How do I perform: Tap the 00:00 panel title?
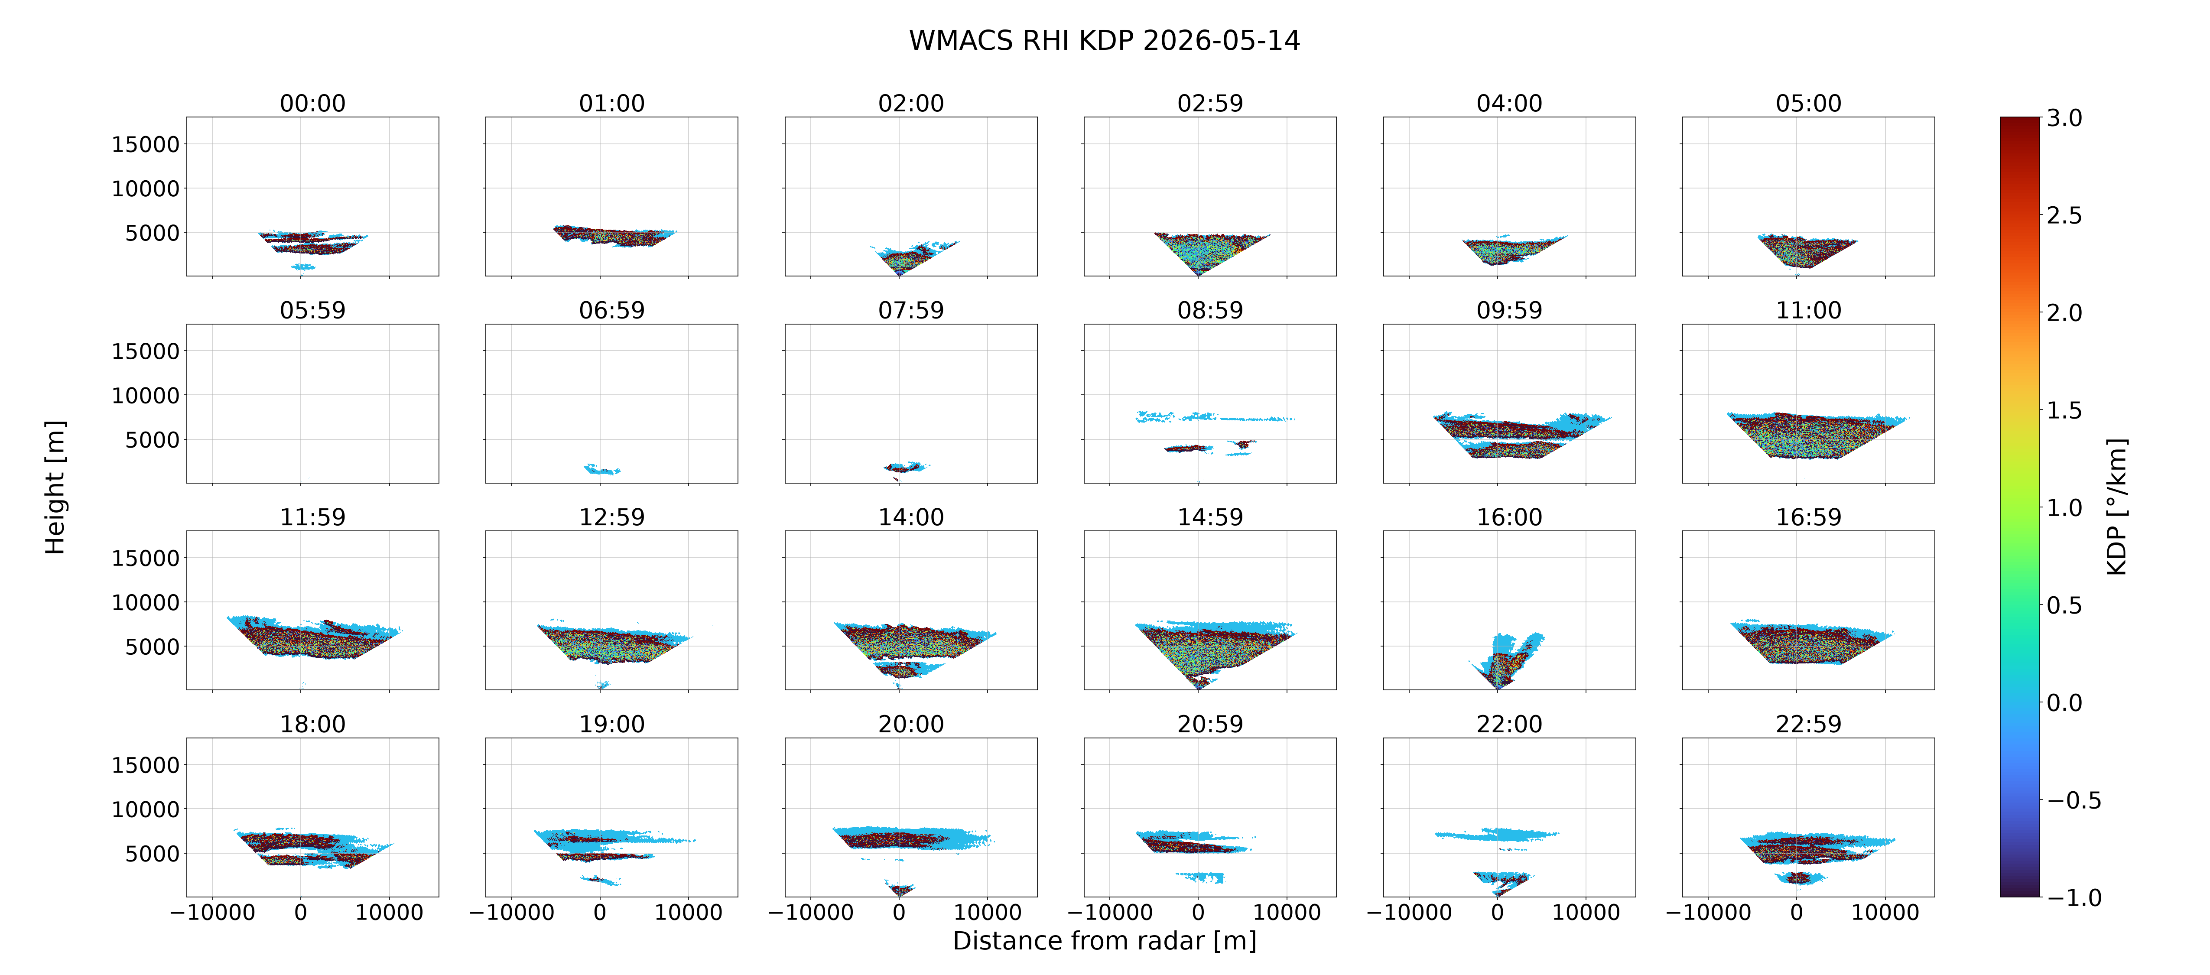pyautogui.click(x=312, y=103)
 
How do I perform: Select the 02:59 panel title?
pyautogui.click(x=1210, y=103)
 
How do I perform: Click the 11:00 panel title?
pyautogui.click(x=1808, y=310)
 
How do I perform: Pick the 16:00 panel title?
pyautogui.click(x=1509, y=517)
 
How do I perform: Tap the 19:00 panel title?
pyautogui.click(x=612, y=724)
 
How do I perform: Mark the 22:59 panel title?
pyautogui.click(x=1808, y=724)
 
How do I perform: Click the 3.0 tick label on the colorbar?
pyautogui.click(x=2064, y=117)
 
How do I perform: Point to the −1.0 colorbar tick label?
pyautogui.click(x=2074, y=897)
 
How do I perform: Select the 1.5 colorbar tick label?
pyautogui.click(x=2064, y=410)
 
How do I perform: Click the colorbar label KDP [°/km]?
pyautogui.click(x=2117, y=507)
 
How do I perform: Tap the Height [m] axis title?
pyautogui.click(x=55, y=487)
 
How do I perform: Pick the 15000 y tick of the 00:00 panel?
pyautogui.click(x=146, y=144)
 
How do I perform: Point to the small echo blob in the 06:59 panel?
pyautogui.click(x=601, y=469)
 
